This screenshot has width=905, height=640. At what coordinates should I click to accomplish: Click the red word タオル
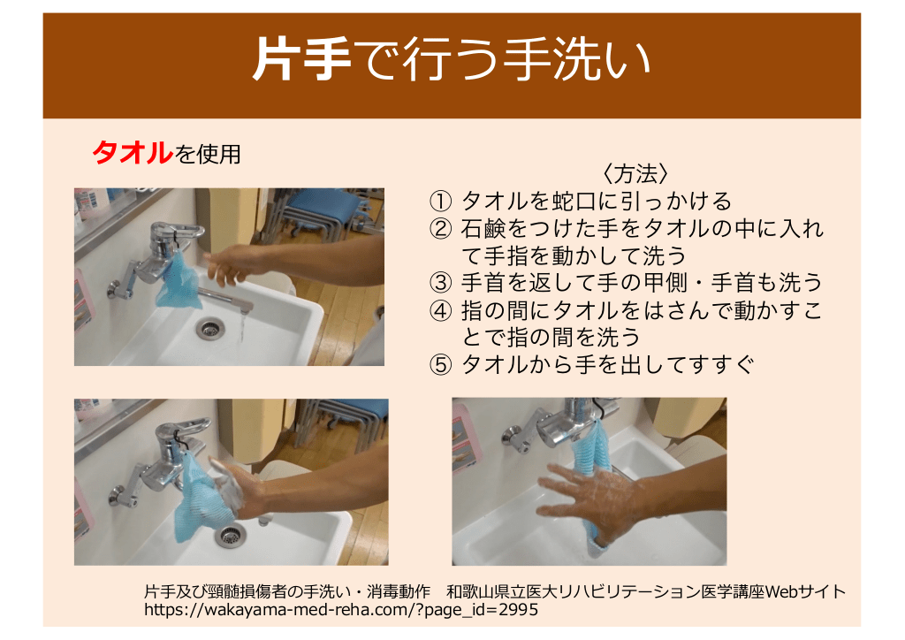click(133, 153)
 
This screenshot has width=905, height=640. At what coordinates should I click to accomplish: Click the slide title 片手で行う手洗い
click(452, 59)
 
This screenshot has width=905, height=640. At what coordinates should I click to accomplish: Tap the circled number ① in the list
click(440, 202)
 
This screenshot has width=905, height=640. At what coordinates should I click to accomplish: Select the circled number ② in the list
click(440, 229)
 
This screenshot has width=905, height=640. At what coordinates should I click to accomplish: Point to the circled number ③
click(440, 283)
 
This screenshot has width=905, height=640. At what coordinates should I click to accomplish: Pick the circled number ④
click(440, 310)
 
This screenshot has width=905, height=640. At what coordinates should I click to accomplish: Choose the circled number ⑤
click(440, 365)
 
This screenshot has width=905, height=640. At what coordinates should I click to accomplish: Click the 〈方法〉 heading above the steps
click(635, 174)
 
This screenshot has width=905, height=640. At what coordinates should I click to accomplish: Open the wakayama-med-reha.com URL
click(341, 609)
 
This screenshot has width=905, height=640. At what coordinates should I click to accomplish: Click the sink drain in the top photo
click(209, 328)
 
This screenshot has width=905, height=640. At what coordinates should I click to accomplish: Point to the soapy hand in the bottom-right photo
click(589, 492)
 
